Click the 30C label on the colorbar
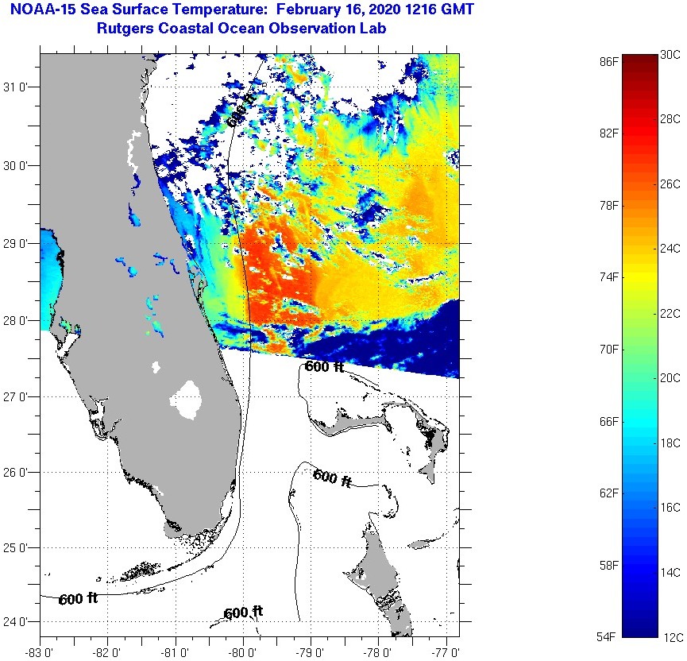[x=670, y=54]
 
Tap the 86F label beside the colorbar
[x=609, y=61]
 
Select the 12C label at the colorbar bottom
[x=670, y=636]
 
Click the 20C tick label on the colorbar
[x=670, y=378]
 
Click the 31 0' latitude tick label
[x=18, y=87]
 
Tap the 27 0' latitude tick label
[x=18, y=396]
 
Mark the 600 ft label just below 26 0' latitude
[x=332, y=477]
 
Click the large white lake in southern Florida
[x=188, y=398]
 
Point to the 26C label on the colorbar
[x=670, y=184]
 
